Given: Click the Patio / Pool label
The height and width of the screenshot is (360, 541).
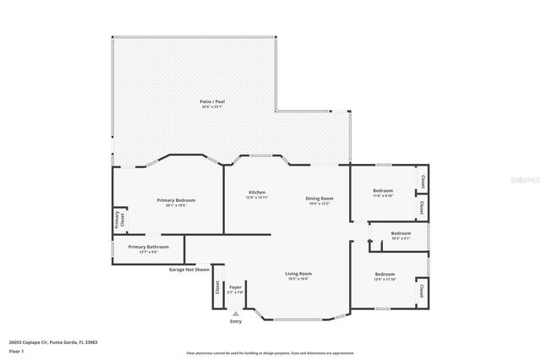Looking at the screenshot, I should pyautogui.click(x=213, y=101).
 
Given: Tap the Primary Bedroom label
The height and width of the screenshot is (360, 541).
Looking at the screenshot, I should pyautogui.click(x=176, y=200).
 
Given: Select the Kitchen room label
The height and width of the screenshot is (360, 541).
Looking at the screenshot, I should pyautogui.click(x=257, y=192).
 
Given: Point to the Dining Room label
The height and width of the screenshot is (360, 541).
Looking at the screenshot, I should pyautogui.click(x=319, y=199).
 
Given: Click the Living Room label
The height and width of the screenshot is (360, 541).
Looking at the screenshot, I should pyautogui.click(x=298, y=274).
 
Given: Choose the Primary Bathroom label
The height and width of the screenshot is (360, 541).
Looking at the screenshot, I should pyautogui.click(x=148, y=247).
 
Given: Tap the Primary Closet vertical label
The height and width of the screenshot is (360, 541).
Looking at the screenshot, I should pyautogui.click(x=119, y=220).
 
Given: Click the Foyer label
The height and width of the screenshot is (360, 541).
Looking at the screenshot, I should pyautogui.click(x=235, y=287).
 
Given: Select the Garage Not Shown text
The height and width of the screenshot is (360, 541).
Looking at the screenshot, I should pyautogui.click(x=189, y=269).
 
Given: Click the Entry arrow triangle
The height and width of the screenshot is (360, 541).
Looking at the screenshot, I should pyautogui.click(x=235, y=314).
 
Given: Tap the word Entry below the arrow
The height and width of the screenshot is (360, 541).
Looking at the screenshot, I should pyautogui.click(x=235, y=322).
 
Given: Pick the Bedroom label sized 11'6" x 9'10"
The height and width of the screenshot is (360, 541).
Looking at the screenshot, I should pyautogui.click(x=384, y=191).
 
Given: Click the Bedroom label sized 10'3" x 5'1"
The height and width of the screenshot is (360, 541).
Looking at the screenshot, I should pyautogui.click(x=401, y=233).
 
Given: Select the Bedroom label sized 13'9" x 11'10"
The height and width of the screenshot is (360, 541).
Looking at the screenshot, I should pyautogui.click(x=385, y=274).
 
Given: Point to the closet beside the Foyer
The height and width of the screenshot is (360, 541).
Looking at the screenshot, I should pyautogui.click(x=217, y=288).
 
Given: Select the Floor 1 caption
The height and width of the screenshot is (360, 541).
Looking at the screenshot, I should pyautogui.click(x=16, y=351).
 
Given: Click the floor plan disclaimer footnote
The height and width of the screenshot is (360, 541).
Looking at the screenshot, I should pyautogui.click(x=270, y=351).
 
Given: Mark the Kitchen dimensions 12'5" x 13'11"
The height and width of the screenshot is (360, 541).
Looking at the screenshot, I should pyautogui.click(x=257, y=197).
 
